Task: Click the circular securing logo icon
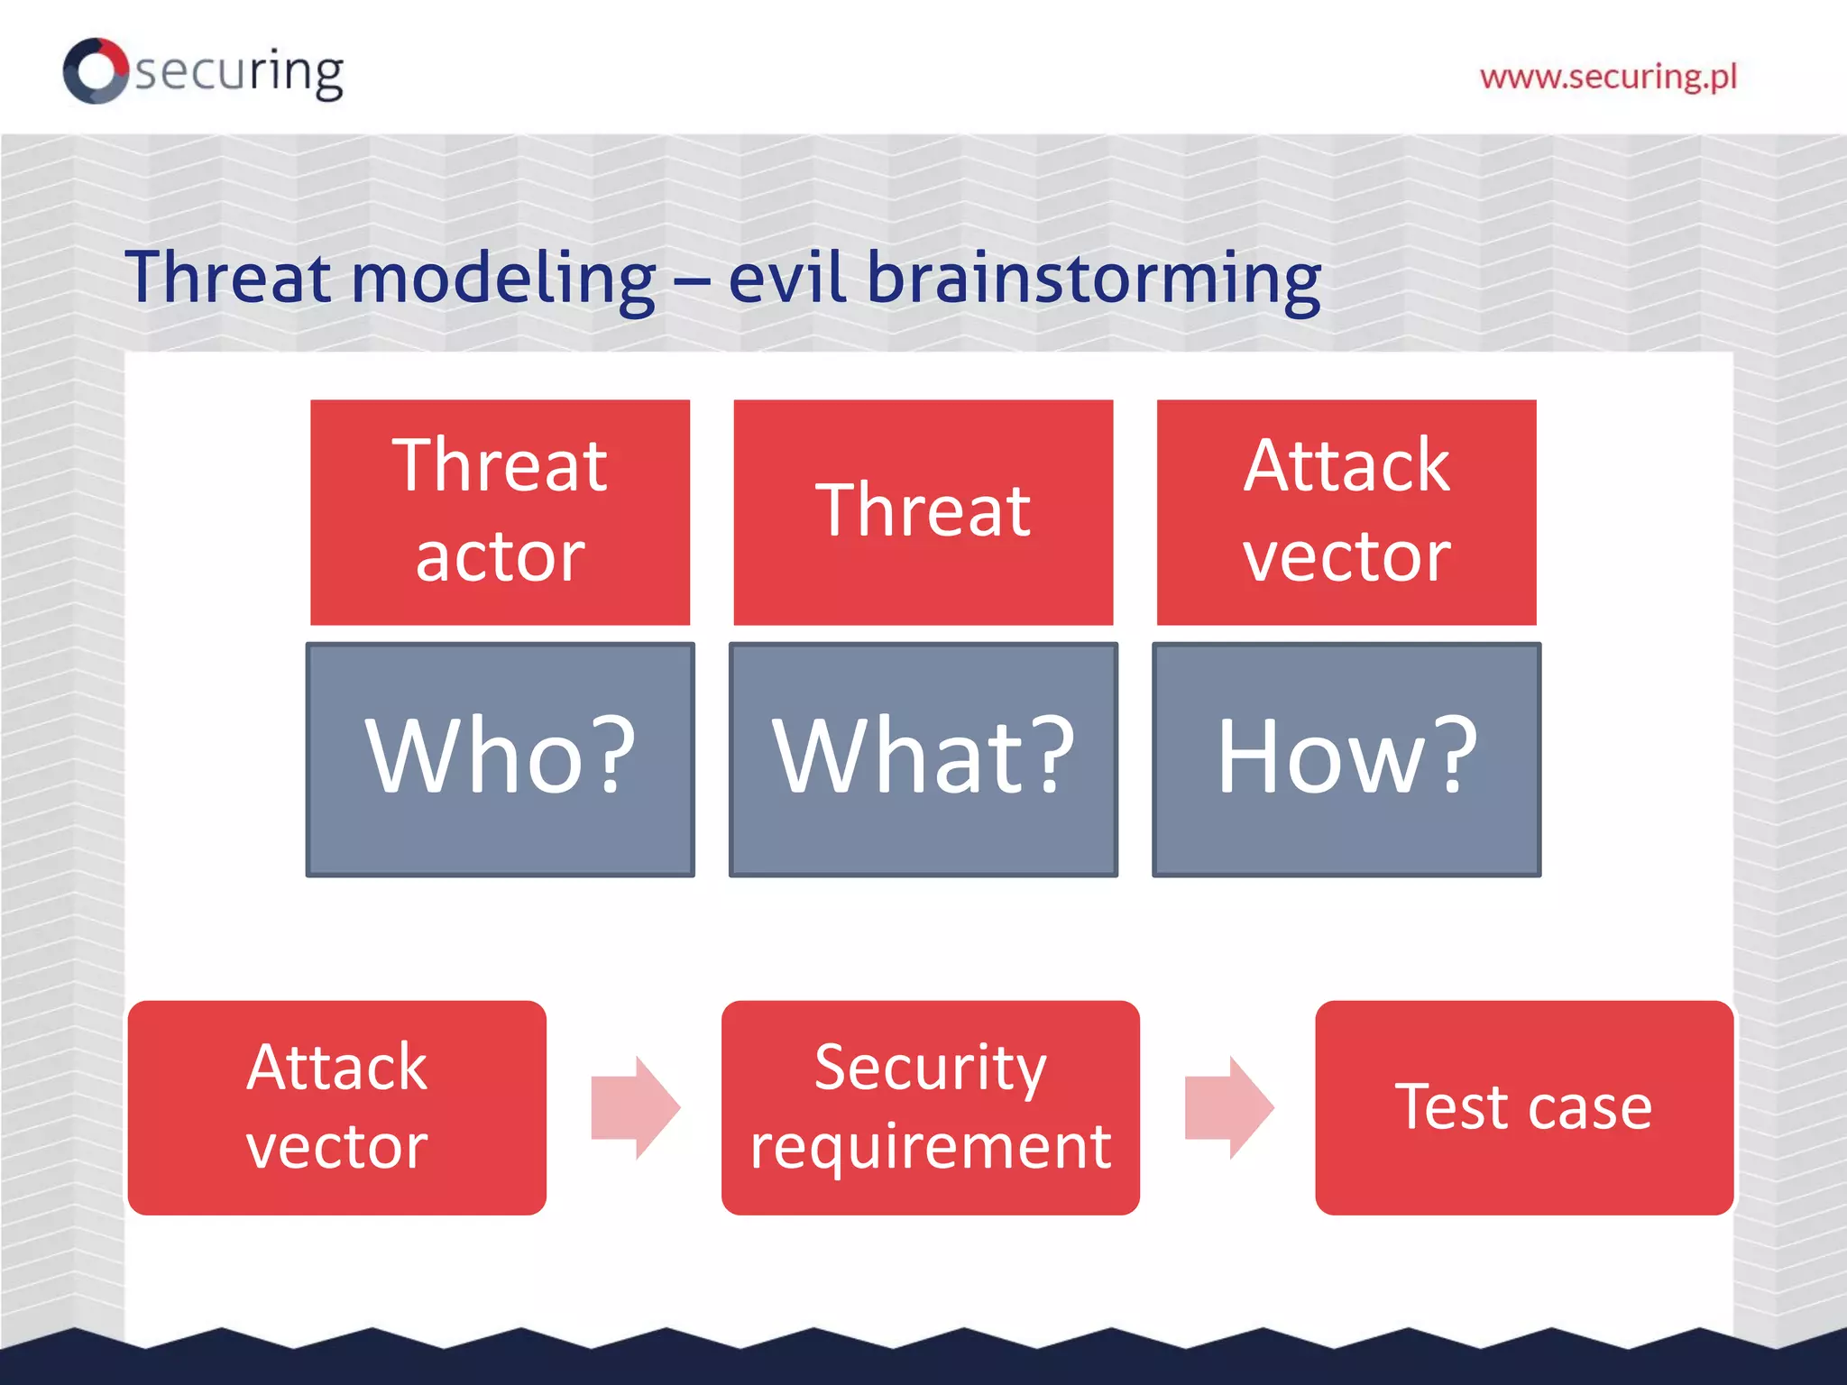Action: pos(95,70)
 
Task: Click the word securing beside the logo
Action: pos(240,72)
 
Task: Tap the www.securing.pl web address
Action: pos(1608,77)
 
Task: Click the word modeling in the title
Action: pos(503,278)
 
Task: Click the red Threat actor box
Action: pos(500,511)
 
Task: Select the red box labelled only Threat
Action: pos(923,511)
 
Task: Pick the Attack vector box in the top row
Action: pos(1346,511)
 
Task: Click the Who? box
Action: pos(500,758)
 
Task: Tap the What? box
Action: pos(923,758)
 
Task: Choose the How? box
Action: pos(1346,758)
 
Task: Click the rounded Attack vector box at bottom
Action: pos(336,1107)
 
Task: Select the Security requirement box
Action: pos(930,1107)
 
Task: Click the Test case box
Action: pos(1523,1107)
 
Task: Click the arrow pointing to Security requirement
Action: pos(635,1107)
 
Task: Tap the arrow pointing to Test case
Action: pos(1228,1107)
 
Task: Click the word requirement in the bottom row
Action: pos(930,1147)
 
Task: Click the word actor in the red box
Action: pos(500,556)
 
